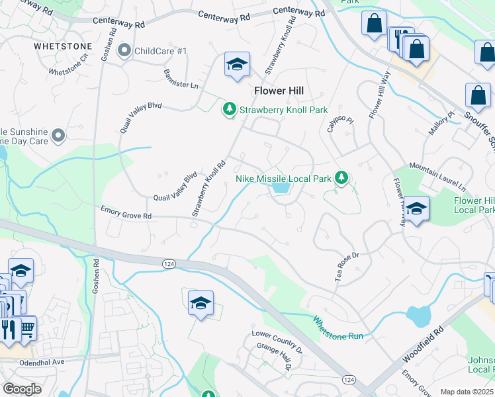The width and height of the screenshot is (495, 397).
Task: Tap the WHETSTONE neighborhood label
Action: point(62,46)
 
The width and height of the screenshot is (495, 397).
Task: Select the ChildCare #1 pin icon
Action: point(124,50)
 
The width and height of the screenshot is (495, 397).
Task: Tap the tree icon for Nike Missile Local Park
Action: point(341,177)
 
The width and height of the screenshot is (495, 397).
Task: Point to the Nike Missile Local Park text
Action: point(283,179)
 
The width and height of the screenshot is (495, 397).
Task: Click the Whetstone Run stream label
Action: point(338,327)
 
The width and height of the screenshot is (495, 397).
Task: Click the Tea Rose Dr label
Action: point(347,265)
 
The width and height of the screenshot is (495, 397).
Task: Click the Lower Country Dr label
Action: point(277,341)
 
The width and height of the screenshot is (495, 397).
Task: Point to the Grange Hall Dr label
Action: point(277,358)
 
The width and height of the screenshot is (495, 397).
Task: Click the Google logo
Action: point(22,388)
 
